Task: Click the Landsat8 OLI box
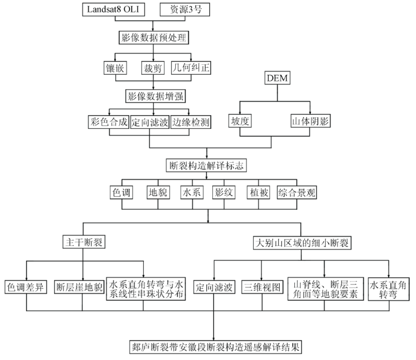click(x=114, y=10)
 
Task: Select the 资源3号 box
click(x=185, y=10)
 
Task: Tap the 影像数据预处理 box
click(x=153, y=37)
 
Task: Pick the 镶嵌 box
click(x=115, y=68)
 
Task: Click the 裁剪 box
click(x=153, y=68)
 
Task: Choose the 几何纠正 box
click(x=191, y=68)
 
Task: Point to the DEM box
click(x=278, y=78)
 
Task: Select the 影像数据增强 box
click(x=155, y=96)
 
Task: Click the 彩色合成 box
click(x=109, y=122)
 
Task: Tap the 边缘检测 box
click(x=191, y=122)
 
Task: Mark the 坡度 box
click(x=240, y=121)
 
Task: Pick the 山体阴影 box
click(x=310, y=121)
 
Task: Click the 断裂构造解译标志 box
click(x=206, y=166)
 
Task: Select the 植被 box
click(x=259, y=192)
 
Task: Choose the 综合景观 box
click(x=297, y=192)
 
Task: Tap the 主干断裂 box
click(x=84, y=242)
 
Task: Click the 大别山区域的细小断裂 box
click(x=302, y=243)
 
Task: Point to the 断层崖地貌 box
click(x=79, y=287)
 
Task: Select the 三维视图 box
click(x=262, y=287)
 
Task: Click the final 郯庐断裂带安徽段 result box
click(x=216, y=347)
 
